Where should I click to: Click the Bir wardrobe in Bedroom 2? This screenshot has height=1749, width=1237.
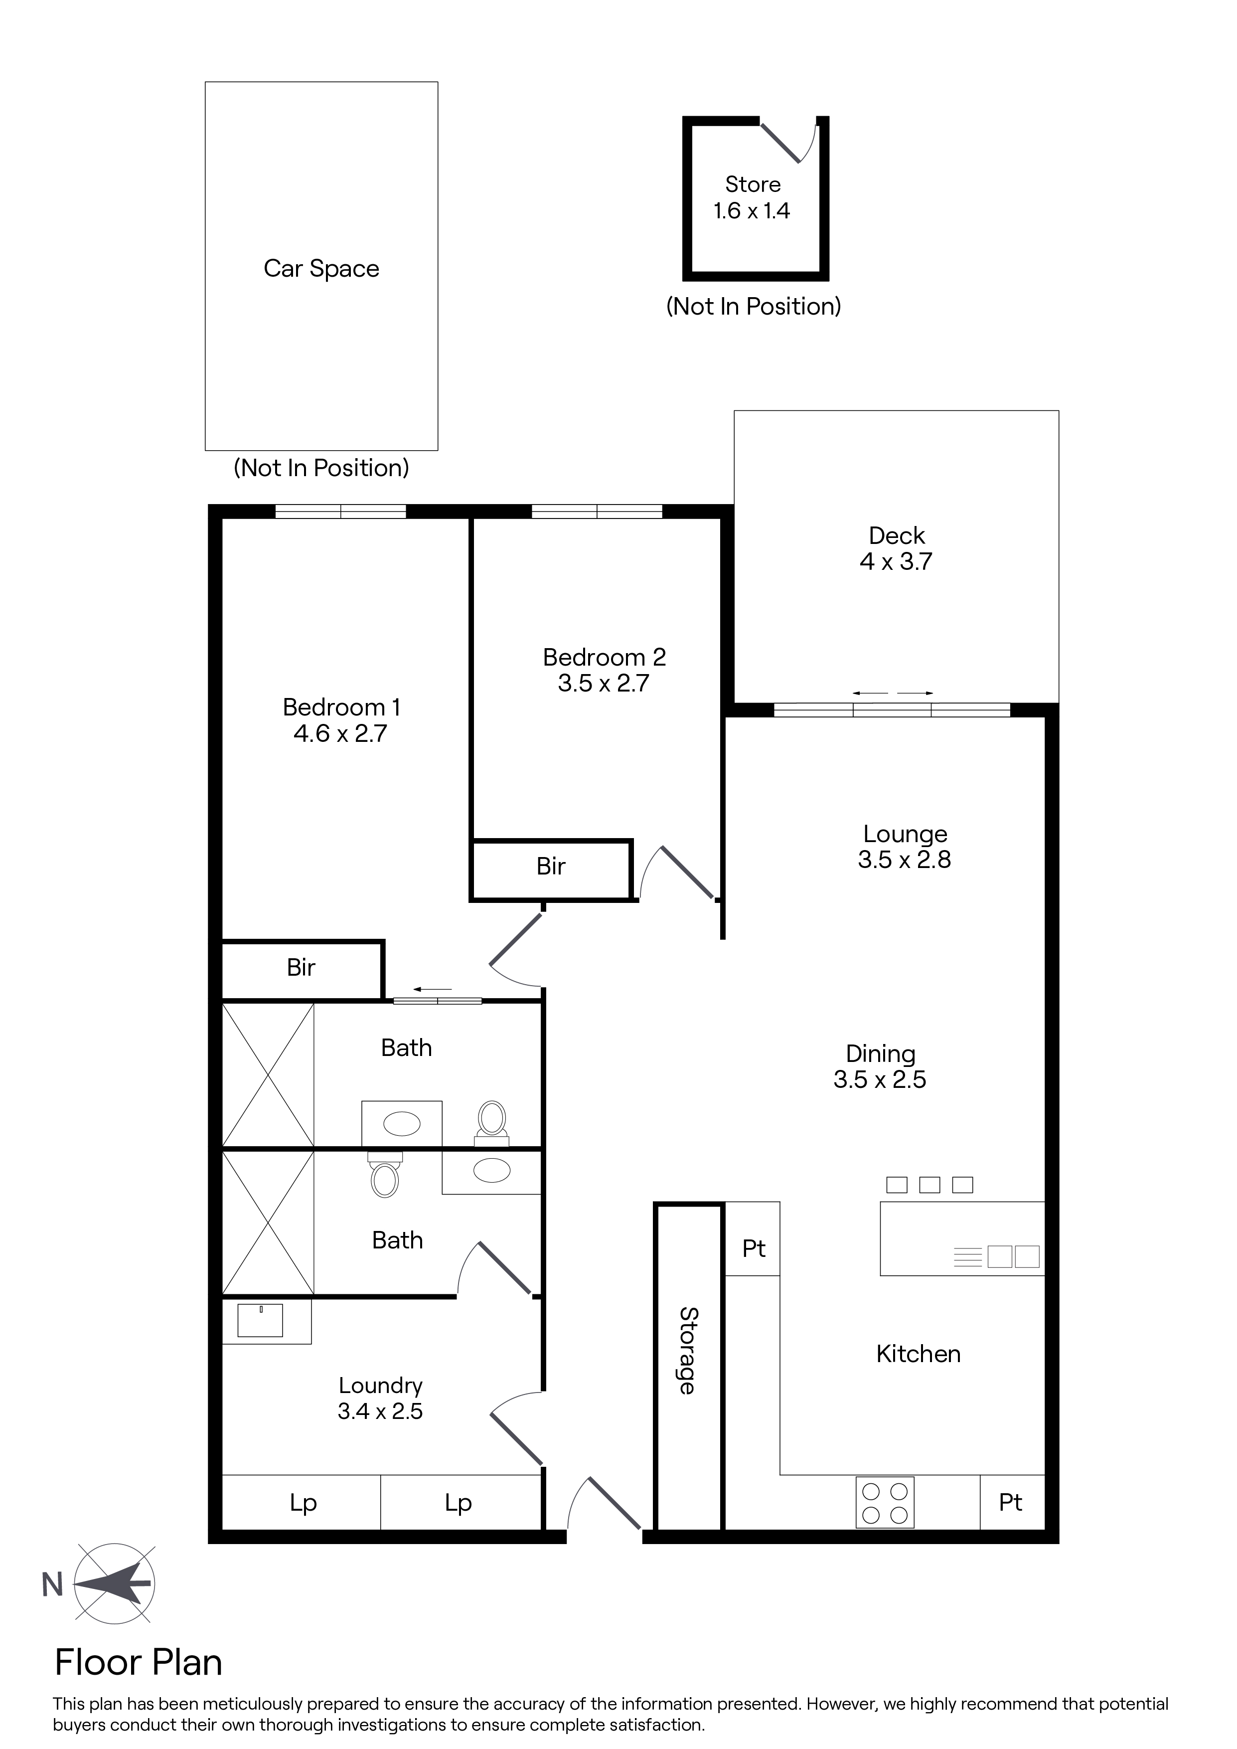[552, 869]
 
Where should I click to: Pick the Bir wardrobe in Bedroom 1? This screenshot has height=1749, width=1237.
[302, 970]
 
